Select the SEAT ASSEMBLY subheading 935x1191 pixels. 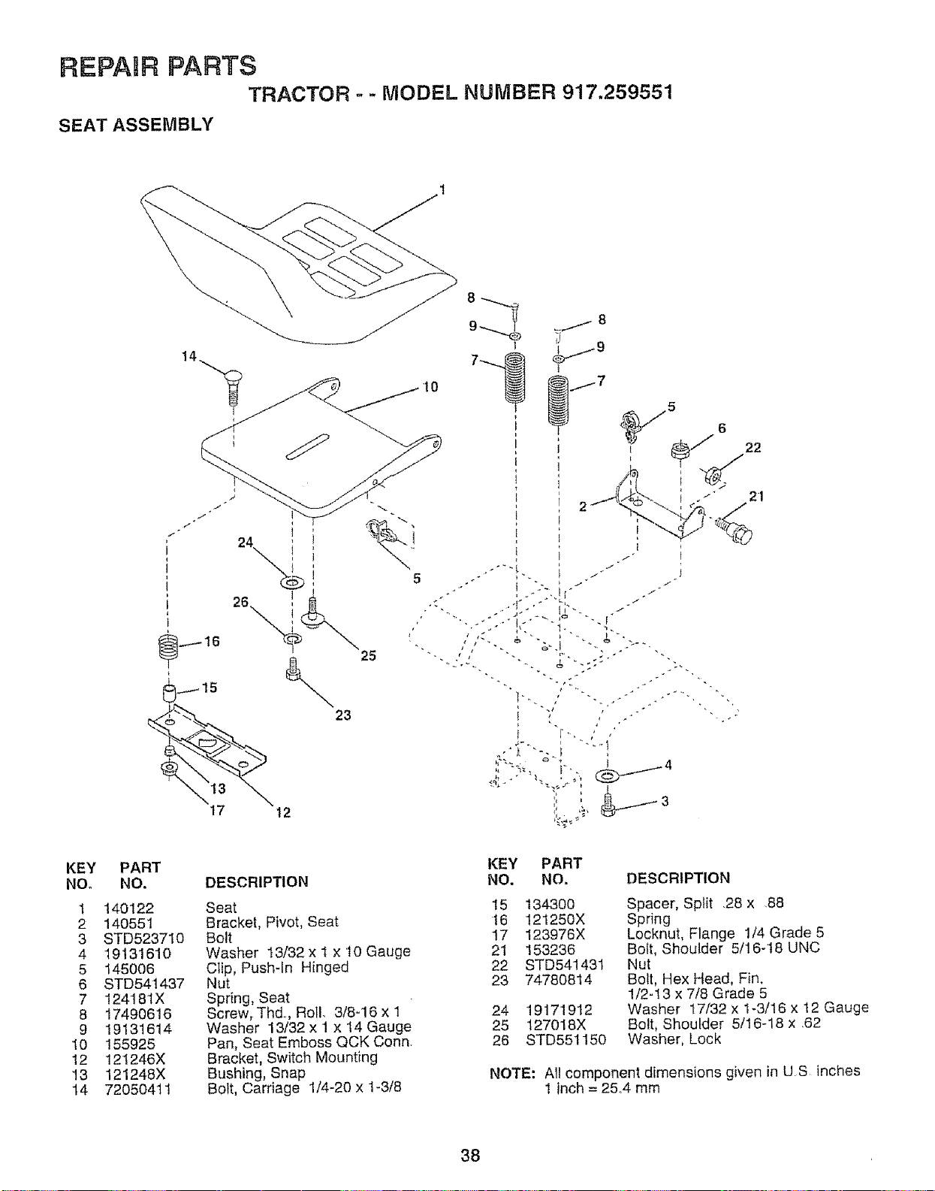[x=136, y=125]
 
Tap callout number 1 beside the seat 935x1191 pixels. [x=442, y=190]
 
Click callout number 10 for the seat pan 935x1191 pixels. [x=430, y=387]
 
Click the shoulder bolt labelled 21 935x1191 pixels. [x=734, y=530]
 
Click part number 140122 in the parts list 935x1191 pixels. [x=128, y=908]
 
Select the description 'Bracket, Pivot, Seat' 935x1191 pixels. [x=272, y=922]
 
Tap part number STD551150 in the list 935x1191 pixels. [x=566, y=1039]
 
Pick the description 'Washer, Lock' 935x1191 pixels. [x=674, y=1039]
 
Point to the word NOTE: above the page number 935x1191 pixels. [x=512, y=1072]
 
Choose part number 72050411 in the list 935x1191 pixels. [x=138, y=1089]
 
